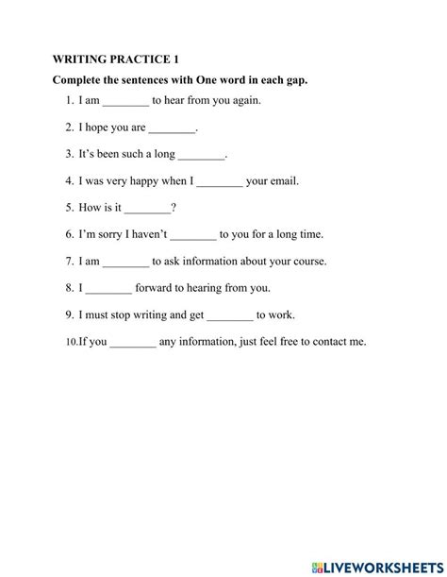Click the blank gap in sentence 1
click(x=125, y=100)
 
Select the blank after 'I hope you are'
click(x=173, y=127)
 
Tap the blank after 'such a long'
click(x=202, y=154)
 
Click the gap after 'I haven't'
click(x=194, y=234)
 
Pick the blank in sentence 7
click(x=125, y=262)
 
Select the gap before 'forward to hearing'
click(x=108, y=288)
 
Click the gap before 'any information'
click(x=133, y=342)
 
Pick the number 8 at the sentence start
click(x=70, y=288)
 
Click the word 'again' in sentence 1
click(x=242, y=100)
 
